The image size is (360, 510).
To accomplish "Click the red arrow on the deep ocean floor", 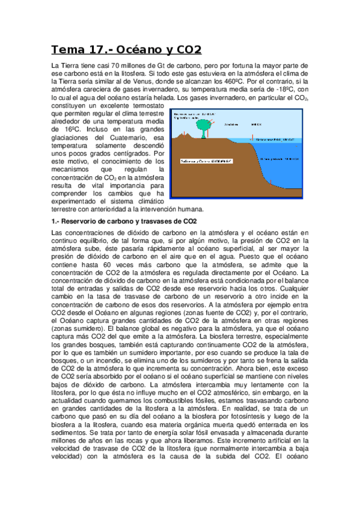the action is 271,183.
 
